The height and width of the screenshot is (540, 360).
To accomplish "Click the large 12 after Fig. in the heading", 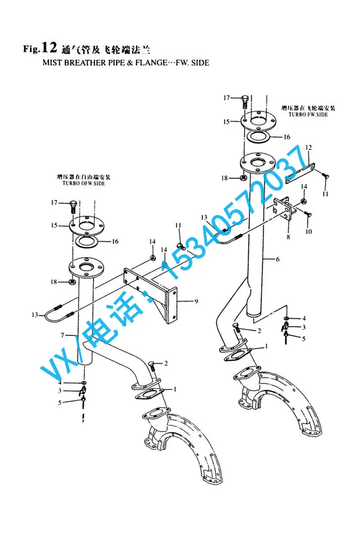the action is click(48, 48).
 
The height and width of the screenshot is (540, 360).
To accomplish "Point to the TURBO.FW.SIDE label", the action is click(308, 114).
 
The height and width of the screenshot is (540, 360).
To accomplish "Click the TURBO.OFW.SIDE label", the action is click(84, 183).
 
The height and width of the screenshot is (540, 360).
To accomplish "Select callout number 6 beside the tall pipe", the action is click(278, 259).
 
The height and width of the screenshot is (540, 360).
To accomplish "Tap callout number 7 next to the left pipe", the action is click(62, 335).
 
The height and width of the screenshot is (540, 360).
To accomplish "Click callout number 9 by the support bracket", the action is click(196, 301).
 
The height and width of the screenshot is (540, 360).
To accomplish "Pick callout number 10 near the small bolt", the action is click(308, 232).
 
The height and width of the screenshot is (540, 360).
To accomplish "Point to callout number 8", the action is click(289, 237).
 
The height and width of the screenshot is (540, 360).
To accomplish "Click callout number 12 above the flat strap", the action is click(308, 148).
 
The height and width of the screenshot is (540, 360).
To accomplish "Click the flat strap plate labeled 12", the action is click(301, 173).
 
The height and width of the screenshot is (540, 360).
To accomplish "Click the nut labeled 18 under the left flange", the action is click(73, 282).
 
